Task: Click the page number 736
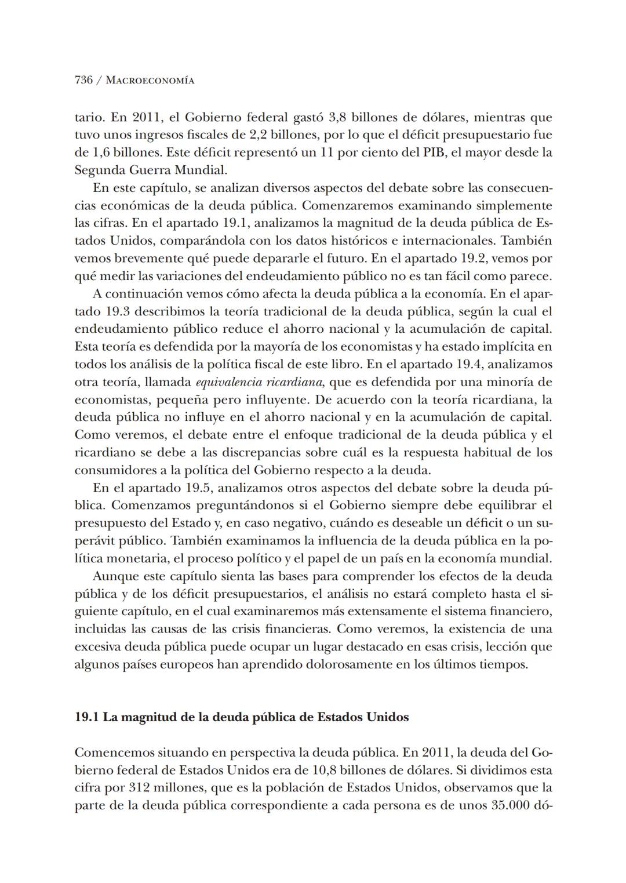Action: pos(83,80)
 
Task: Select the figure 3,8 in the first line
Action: pos(337,118)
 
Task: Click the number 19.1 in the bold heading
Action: pos(87,717)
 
